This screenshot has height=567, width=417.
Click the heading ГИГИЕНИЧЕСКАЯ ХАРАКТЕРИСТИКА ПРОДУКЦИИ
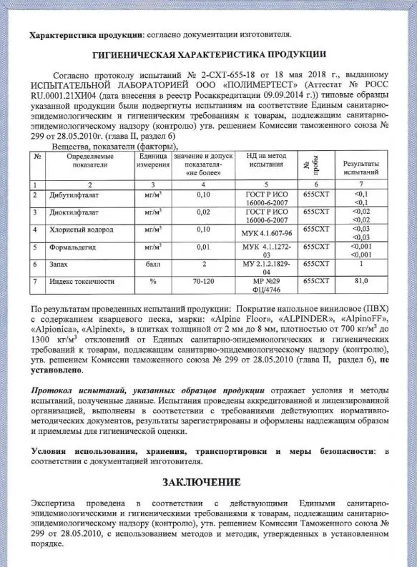209,54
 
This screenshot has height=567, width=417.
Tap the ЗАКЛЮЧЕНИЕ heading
208,480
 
